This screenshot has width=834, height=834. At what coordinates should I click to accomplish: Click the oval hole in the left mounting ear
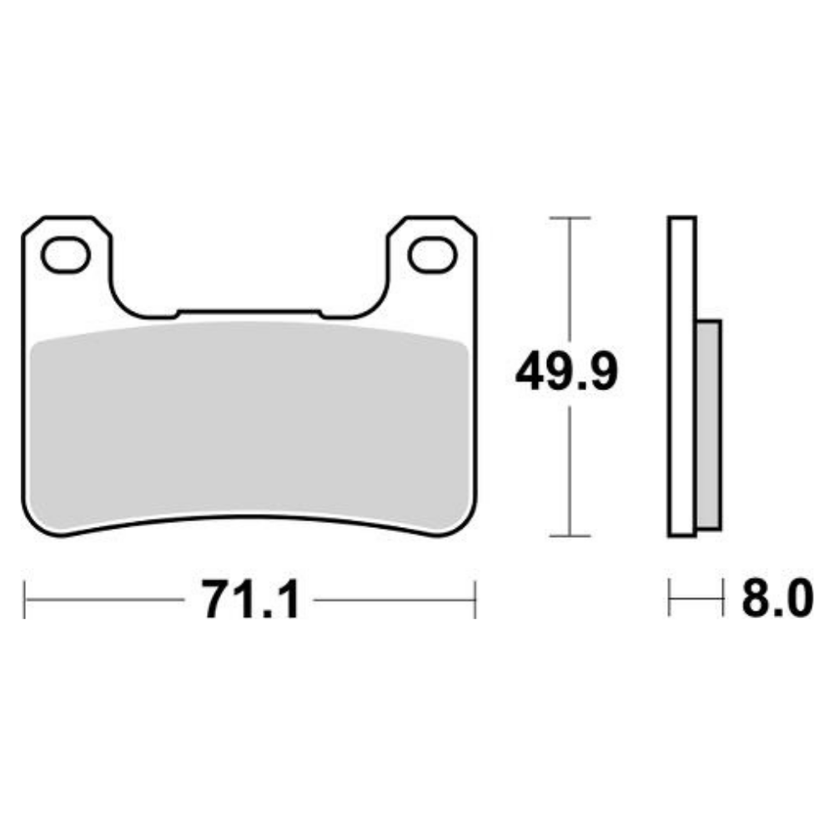[65, 255]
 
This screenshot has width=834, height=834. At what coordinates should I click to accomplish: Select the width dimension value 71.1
[249, 599]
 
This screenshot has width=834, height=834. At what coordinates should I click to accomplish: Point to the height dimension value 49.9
[567, 373]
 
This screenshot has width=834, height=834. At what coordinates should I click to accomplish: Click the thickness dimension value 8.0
[776, 599]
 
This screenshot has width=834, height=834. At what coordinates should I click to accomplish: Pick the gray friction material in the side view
[709, 425]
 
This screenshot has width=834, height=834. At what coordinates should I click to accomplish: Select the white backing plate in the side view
[681, 375]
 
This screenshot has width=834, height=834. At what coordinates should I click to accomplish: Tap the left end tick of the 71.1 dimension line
[24, 599]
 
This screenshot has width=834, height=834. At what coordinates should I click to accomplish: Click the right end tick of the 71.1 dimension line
[475, 599]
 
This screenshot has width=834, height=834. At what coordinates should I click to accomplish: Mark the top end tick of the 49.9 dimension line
[570, 218]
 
